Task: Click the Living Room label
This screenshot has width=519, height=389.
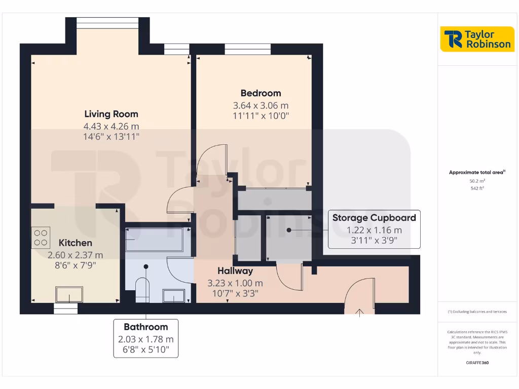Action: pos(111,114)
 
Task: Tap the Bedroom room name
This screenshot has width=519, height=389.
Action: pos(261,93)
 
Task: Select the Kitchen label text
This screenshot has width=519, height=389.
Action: pos(76,243)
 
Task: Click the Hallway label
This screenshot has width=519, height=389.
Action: pos(235,271)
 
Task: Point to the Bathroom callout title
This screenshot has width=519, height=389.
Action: pos(145,327)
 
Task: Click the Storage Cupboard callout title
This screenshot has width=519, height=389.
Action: pos(374,218)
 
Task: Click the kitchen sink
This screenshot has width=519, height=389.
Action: pos(69,294)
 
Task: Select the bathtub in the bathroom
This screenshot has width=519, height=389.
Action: pos(154,240)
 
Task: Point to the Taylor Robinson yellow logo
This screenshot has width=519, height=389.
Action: pos(476,39)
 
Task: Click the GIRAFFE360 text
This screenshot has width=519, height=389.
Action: pos(477,363)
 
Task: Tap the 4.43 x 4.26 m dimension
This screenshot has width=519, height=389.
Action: pos(111,127)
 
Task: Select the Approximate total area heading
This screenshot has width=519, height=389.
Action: pos(476,173)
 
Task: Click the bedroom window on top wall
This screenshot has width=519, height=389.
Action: pos(247,49)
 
